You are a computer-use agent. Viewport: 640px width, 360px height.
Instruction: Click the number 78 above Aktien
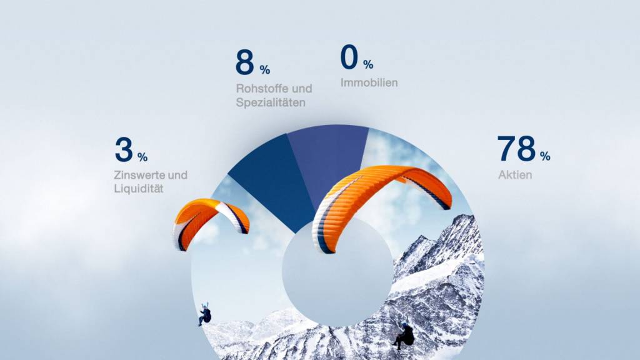point(516,149)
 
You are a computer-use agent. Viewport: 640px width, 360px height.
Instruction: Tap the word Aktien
point(515,175)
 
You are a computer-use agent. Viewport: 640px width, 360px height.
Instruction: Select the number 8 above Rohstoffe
point(244,62)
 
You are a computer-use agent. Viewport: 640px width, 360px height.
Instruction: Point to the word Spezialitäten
point(271,102)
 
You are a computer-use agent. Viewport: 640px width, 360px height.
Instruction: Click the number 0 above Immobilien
point(349,57)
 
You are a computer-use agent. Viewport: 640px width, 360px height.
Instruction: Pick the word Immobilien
point(369,82)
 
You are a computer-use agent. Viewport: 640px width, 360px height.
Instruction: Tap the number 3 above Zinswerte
point(124,149)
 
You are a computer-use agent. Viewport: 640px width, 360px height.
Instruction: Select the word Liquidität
point(138,189)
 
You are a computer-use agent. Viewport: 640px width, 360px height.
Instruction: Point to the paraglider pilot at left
point(205,314)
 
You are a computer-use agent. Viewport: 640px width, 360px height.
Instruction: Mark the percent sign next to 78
point(545,156)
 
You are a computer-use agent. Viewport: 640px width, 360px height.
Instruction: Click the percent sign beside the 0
point(367,64)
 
